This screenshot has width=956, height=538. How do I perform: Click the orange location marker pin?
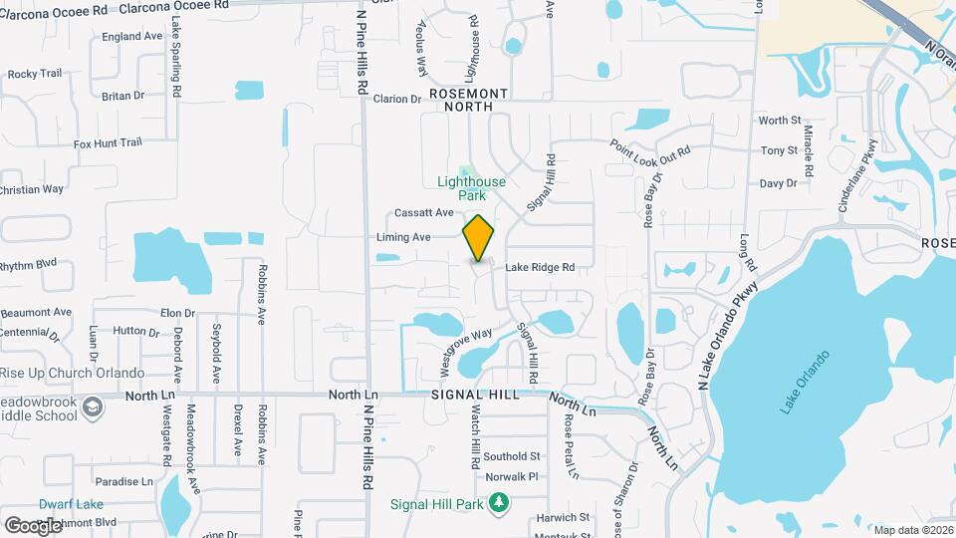[x=479, y=237]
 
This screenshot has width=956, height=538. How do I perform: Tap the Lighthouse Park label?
[x=472, y=188]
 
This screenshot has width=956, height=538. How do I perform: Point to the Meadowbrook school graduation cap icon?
[x=93, y=407]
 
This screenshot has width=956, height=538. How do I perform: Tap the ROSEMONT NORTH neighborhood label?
[x=468, y=99]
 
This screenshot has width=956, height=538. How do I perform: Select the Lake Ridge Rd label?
[x=540, y=267]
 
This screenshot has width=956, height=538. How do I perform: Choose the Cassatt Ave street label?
[x=423, y=212]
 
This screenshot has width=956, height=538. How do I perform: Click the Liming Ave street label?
[x=403, y=237]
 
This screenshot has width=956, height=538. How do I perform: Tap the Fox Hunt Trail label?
[x=108, y=143]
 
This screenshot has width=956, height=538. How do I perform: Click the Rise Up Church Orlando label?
[x=72, y=373]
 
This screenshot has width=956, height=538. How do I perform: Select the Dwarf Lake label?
[x=71, y=504]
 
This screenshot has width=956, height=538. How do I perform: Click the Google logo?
[x=33, y=525]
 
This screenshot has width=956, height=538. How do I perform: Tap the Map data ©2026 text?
[x=913, y=529]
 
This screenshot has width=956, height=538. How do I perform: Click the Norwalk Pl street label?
[x=519, y=477]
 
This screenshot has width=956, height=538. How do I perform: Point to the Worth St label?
[x=779, y=121]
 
